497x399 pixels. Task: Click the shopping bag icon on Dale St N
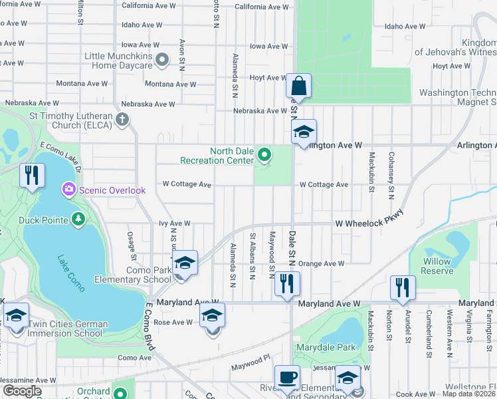click(x=298, y=86)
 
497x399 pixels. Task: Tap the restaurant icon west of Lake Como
click(x=31, y=176)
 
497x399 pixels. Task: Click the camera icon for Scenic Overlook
click(x=69, y=190)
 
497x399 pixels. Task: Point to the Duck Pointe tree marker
click(x=78, y=217)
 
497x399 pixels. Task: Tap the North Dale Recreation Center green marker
click(x=264, y=156)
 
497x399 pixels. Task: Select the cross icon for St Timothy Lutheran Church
click(x=121, y=120)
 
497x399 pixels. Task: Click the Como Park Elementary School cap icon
click(x=185, y=263)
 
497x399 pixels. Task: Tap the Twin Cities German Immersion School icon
click(x=16, y=316)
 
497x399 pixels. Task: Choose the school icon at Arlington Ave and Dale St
click(x=304, y=132)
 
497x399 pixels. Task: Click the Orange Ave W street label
click(x=322, y=263)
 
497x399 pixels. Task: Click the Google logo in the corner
click(x=21, y=391)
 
